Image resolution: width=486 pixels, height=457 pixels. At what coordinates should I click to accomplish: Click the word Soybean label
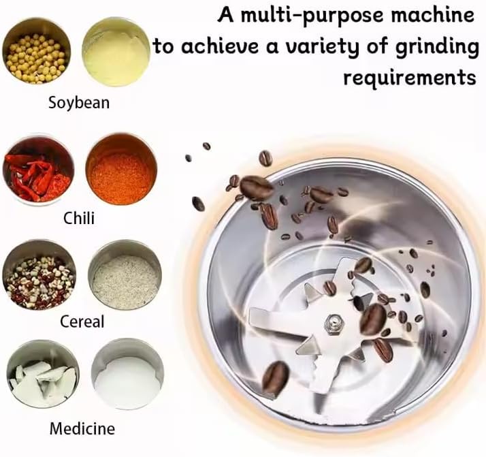tap(79, 103)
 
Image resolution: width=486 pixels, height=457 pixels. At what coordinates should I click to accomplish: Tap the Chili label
tap(79, 218)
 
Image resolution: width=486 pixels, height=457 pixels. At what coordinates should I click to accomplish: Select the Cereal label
tap(82, 321)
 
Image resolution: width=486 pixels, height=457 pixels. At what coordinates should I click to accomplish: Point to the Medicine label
tap(82, 429)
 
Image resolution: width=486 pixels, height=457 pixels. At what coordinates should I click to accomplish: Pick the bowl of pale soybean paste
tap(116, 52)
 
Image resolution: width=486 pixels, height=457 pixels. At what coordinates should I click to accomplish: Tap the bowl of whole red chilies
tap(38, 170)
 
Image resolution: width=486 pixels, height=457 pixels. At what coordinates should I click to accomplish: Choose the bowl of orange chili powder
tap(121, 170)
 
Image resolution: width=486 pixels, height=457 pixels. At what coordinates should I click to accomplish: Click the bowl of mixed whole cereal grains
tap(39, 274)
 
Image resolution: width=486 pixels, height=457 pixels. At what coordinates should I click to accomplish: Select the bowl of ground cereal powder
tap(125, 274)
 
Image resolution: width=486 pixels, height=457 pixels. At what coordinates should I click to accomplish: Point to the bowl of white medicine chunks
tap(43, 374)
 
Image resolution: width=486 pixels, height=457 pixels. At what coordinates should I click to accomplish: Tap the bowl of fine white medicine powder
tap(127, 374)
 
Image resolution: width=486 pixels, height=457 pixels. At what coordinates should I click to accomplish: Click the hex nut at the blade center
tap(334, 324)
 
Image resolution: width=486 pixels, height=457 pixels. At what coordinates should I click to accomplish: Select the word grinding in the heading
tap(436, 47)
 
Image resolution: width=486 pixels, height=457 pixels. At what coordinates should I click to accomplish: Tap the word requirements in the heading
tap(410, 77)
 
